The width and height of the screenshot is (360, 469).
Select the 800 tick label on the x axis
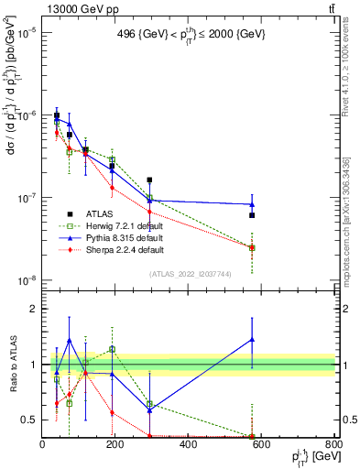point(333,445)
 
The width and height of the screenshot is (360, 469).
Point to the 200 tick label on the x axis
point(115,445)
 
